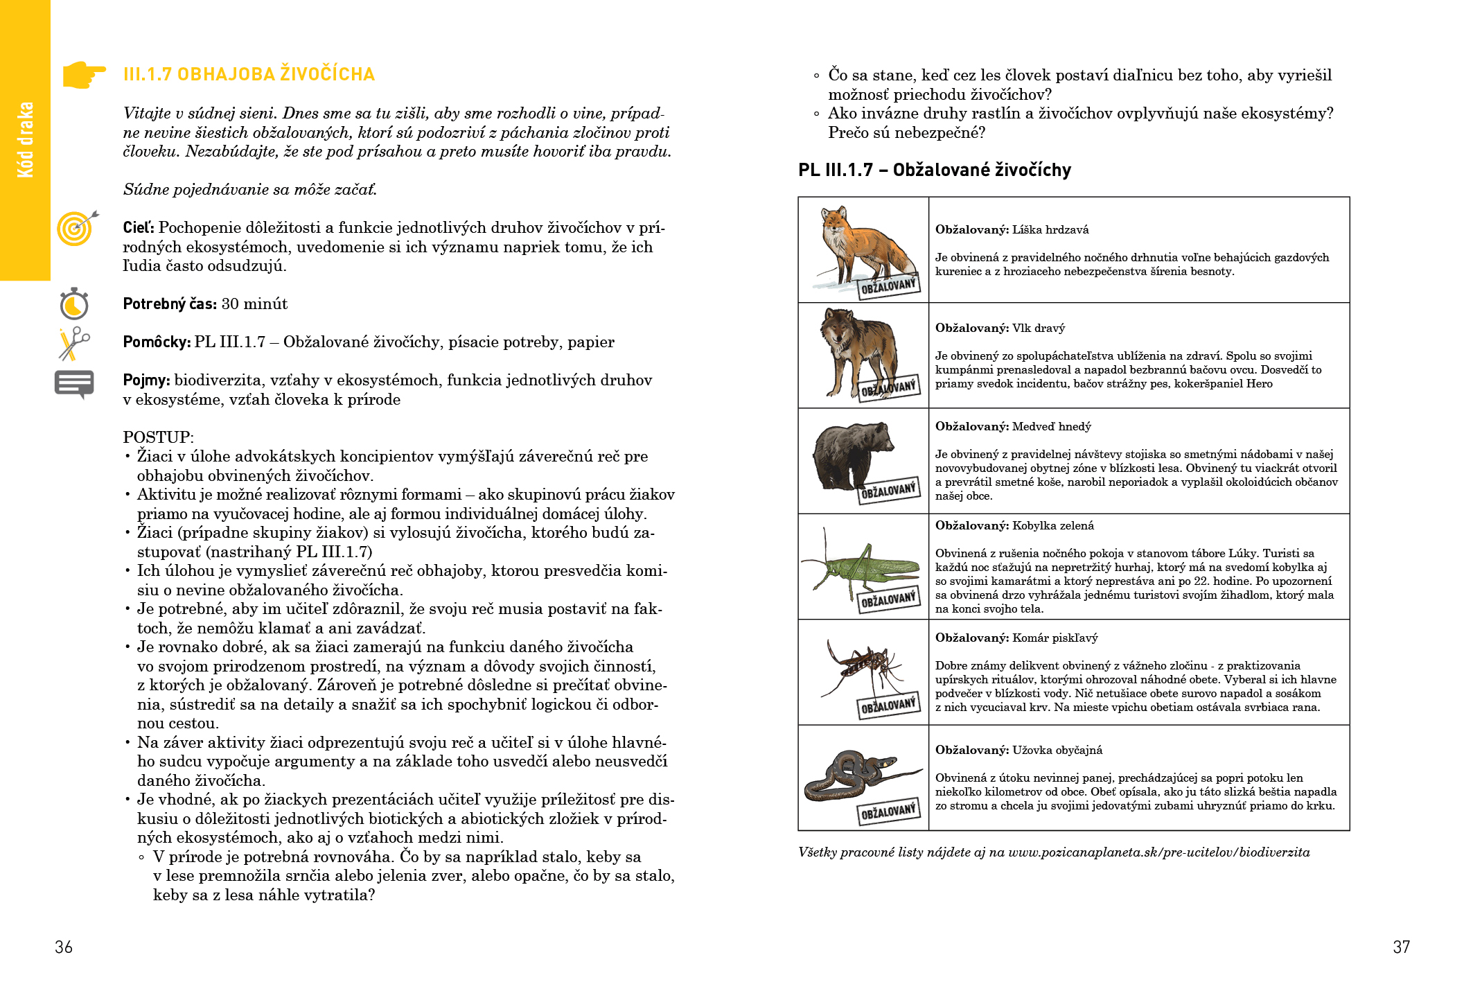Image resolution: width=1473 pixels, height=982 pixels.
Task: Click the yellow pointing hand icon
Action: coord(84,74)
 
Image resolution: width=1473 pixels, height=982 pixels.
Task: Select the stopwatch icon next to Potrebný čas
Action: coord(74,304)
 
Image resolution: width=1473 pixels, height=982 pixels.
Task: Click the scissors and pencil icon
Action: coord(74,343)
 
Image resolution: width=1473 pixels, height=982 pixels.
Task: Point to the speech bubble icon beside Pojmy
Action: coord(74,383)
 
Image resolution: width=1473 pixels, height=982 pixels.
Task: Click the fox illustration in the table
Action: coord(863,243)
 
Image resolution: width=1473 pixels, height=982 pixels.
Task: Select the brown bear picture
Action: coord(852,454)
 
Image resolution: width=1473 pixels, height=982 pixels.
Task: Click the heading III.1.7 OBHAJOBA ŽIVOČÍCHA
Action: coord(249,74)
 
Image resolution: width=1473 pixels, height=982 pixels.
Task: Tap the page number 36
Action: coord(64,947)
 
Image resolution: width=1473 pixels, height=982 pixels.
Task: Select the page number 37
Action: coord(1401,947)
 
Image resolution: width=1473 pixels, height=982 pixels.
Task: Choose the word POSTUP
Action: coord(158,437)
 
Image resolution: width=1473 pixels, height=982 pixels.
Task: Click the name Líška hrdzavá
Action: coord(1050,229)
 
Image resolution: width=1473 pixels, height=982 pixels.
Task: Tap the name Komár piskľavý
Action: coord(1055,638)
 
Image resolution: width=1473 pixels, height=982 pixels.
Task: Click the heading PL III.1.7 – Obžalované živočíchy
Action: coord(934,170)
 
